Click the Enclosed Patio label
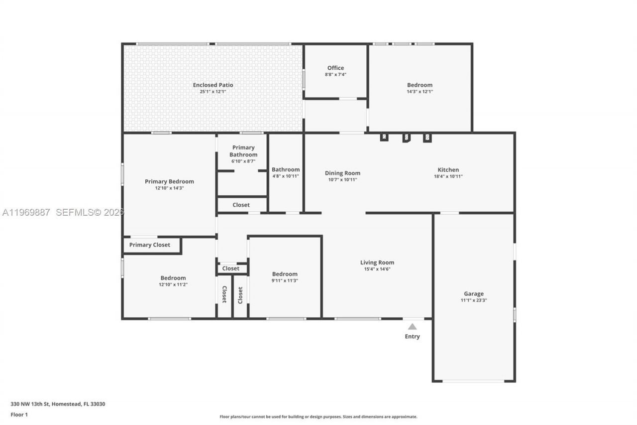[213, 85]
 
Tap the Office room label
[335, 68]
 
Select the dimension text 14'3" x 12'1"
[420, 92]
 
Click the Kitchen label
[448, 170]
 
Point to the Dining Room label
[342, 173]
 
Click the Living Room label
[377, 263]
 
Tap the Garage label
[474, 294]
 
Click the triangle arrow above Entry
[412, 327]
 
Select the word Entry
[412, 337]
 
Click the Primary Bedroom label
[169, 182]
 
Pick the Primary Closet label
[149, 245]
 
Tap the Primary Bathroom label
[243, 151]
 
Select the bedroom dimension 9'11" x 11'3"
[285, 281]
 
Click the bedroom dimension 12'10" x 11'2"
[173, 284]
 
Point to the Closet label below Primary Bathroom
[241, 205]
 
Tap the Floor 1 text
[19, 415]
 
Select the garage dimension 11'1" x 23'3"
[474, 300]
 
